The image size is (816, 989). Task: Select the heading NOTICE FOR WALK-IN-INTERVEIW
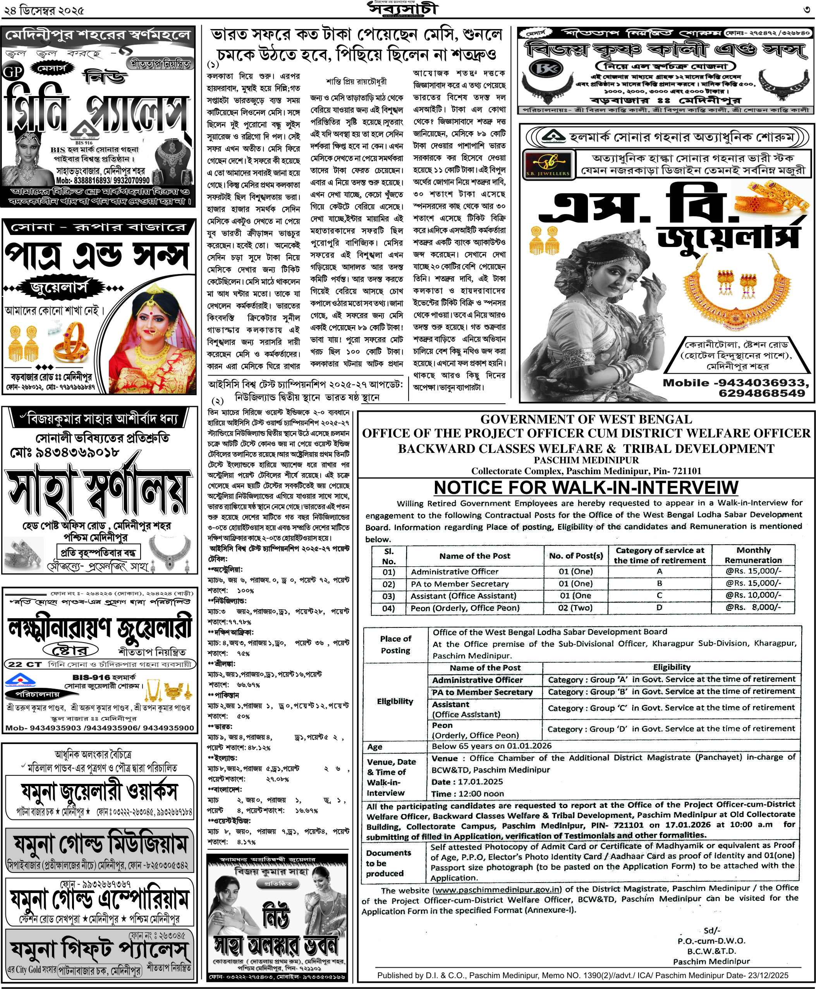[586, 488]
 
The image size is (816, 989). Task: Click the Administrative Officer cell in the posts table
[455, 572]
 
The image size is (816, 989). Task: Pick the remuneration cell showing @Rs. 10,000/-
[753, 595]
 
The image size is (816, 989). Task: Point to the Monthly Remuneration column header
[753, 555]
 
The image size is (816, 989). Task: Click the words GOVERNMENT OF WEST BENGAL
[586, 420]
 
